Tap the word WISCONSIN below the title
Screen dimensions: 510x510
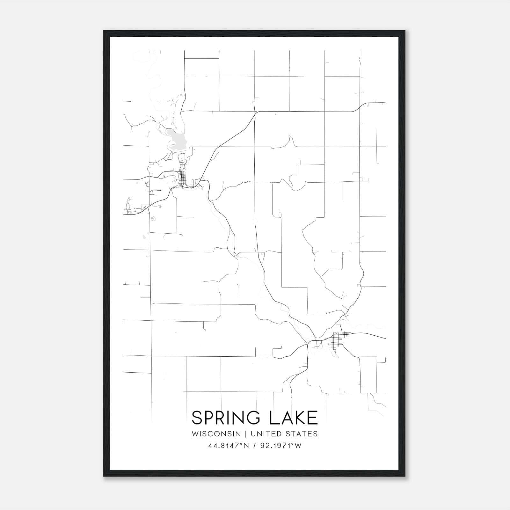[216, 434]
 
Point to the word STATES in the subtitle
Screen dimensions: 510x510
[302, 434]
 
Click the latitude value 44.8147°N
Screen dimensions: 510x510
[229, 446]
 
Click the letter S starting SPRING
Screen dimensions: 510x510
[197, 418]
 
